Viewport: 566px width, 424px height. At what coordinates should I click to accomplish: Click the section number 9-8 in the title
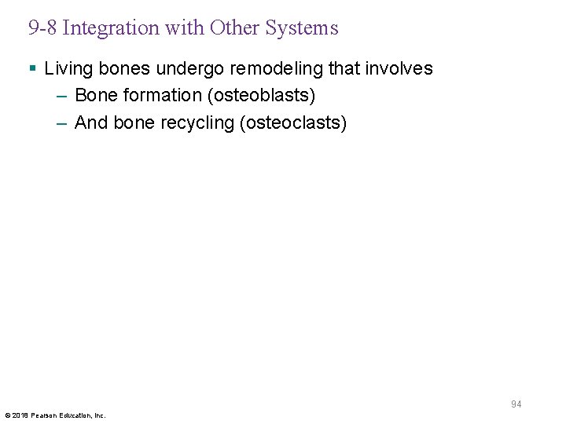coord(42,28)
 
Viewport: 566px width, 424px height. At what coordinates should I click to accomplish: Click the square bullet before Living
coord(31,68)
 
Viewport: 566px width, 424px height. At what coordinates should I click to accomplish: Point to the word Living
coord(68,68)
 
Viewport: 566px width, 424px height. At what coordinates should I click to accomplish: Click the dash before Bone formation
coord(63,96)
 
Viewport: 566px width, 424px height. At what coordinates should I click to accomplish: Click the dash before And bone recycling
coord(63,123)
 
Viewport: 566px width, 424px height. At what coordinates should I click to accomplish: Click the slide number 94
coord(516,404)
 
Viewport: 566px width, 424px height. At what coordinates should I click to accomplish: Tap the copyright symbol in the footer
coord(7,415)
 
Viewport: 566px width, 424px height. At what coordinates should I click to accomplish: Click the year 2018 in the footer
coord(20,415)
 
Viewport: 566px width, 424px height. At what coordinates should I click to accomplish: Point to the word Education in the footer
coord(76,415)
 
